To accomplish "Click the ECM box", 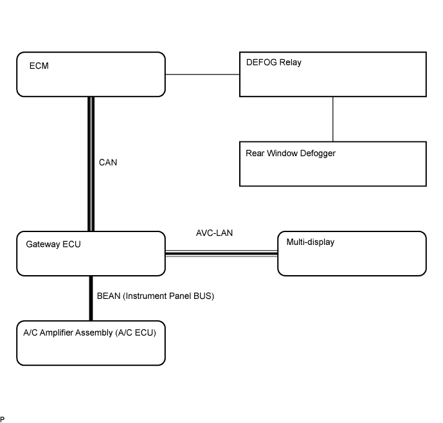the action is [x=91, y=75].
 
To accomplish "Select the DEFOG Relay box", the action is [x=333, y=75].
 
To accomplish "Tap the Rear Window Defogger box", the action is [x=333, y=164].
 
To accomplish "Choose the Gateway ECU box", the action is [x=91, y=253].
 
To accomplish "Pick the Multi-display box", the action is [x=352, y=253].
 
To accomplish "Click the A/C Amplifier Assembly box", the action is [x=91, y=343].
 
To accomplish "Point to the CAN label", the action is [x=108, y=163].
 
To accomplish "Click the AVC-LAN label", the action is [x=215, y=233].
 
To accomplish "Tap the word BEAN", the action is [x=109, y=296].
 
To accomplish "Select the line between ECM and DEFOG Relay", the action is [x=203, y=75].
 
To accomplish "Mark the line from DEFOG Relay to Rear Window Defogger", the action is [x=333, y=119].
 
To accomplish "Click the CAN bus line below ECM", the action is [x=91, y=164].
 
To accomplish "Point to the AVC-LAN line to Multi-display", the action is [x=221, y=253].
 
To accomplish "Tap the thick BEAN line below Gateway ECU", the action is [x=91, y=298].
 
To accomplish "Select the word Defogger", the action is [x=318, y=154].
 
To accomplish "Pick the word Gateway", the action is [x=42, y=244].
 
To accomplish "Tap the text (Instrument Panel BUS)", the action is [x=168, y=296].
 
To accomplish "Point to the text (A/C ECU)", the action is [x=136, y=333].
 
